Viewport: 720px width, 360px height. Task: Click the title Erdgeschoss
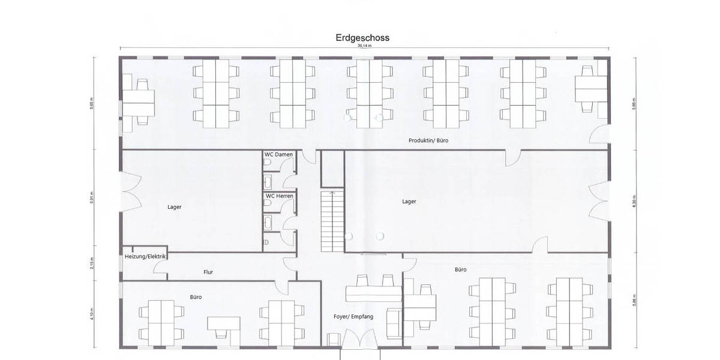(362, 38)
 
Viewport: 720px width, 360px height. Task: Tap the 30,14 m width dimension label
(364, 46)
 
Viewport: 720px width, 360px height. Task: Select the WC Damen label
(279, 155)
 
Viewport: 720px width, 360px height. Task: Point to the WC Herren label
(279, 196)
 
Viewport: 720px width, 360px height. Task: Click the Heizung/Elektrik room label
(145, 257)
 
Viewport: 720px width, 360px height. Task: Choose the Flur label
(208, 272)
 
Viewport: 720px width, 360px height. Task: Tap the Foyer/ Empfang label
(353, 316)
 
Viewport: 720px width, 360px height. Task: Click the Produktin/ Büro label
(428, 140)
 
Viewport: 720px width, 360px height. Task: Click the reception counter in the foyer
(373, 293)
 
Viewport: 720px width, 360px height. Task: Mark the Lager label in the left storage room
(174, 207)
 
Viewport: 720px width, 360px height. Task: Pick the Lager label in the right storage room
(409, 202)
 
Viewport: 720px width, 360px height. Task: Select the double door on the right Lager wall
(600, 202)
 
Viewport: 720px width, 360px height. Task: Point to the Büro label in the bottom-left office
(196, 297)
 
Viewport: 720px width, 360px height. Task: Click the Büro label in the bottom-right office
(461, 270)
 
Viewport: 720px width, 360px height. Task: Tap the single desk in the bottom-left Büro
(224, 324)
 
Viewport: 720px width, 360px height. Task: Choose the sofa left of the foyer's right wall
(394, 322)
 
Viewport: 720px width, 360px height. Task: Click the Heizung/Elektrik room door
(160, 269)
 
